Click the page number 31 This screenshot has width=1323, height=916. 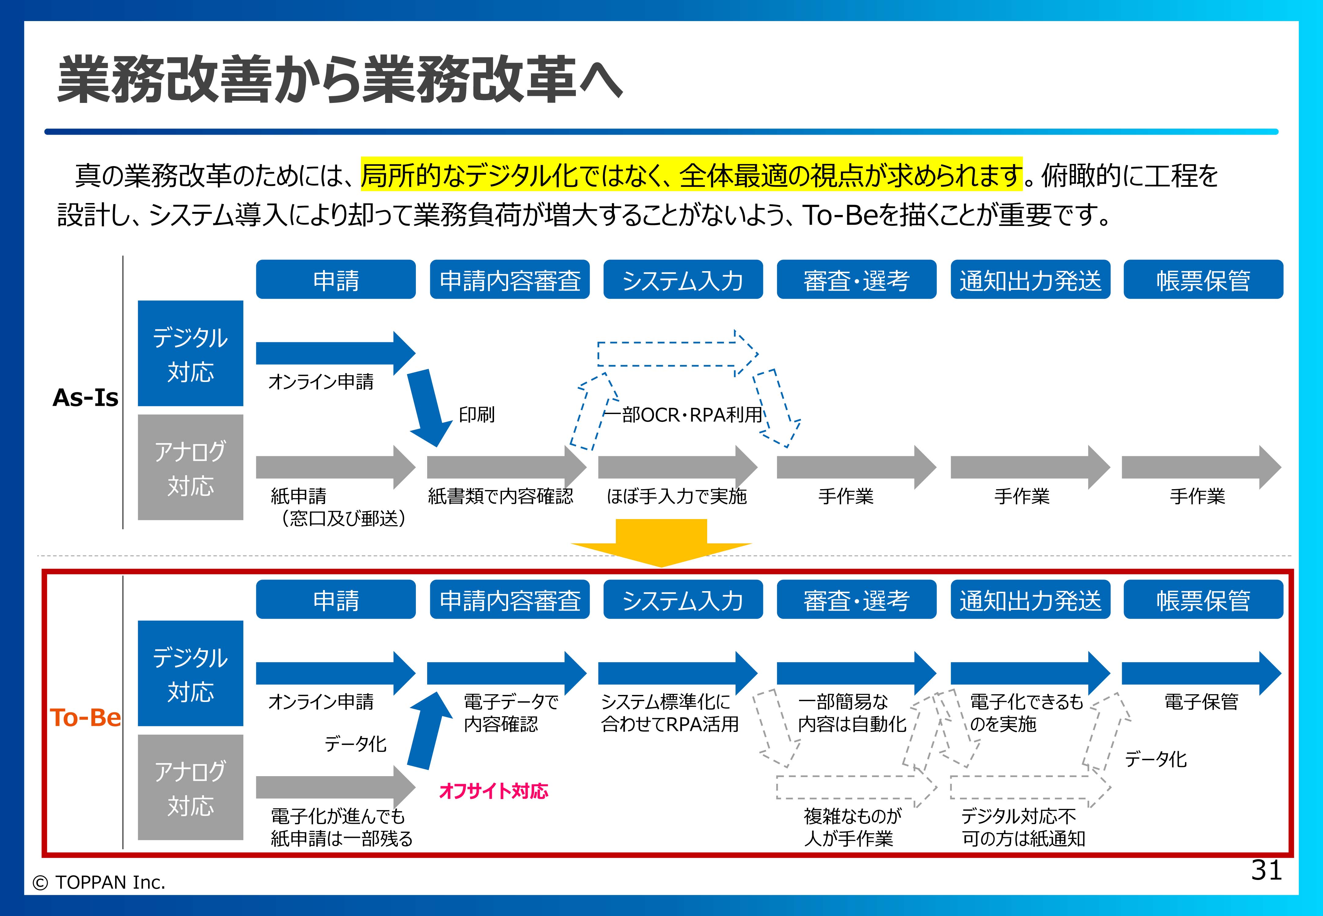point(1266,870)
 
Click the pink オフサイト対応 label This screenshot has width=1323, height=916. point(494,791)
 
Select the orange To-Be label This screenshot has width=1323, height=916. point(85,718)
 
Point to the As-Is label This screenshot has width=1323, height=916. point(85,397)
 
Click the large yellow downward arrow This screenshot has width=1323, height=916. point(661,542)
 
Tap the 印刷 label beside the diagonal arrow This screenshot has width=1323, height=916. point(476,414)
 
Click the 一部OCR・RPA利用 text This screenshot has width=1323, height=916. point(684,414)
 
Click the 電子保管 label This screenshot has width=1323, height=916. point(1201,701)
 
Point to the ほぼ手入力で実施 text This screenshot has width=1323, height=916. point(677,496)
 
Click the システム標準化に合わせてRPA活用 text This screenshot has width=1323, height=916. point(670,713)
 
